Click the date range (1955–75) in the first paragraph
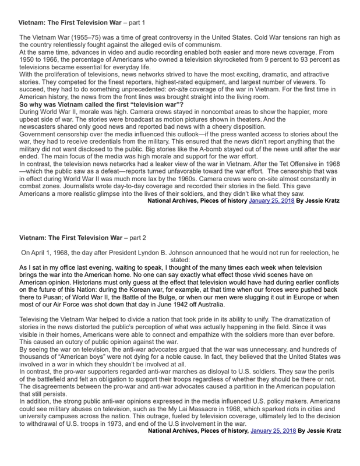(x=91, y=38)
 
